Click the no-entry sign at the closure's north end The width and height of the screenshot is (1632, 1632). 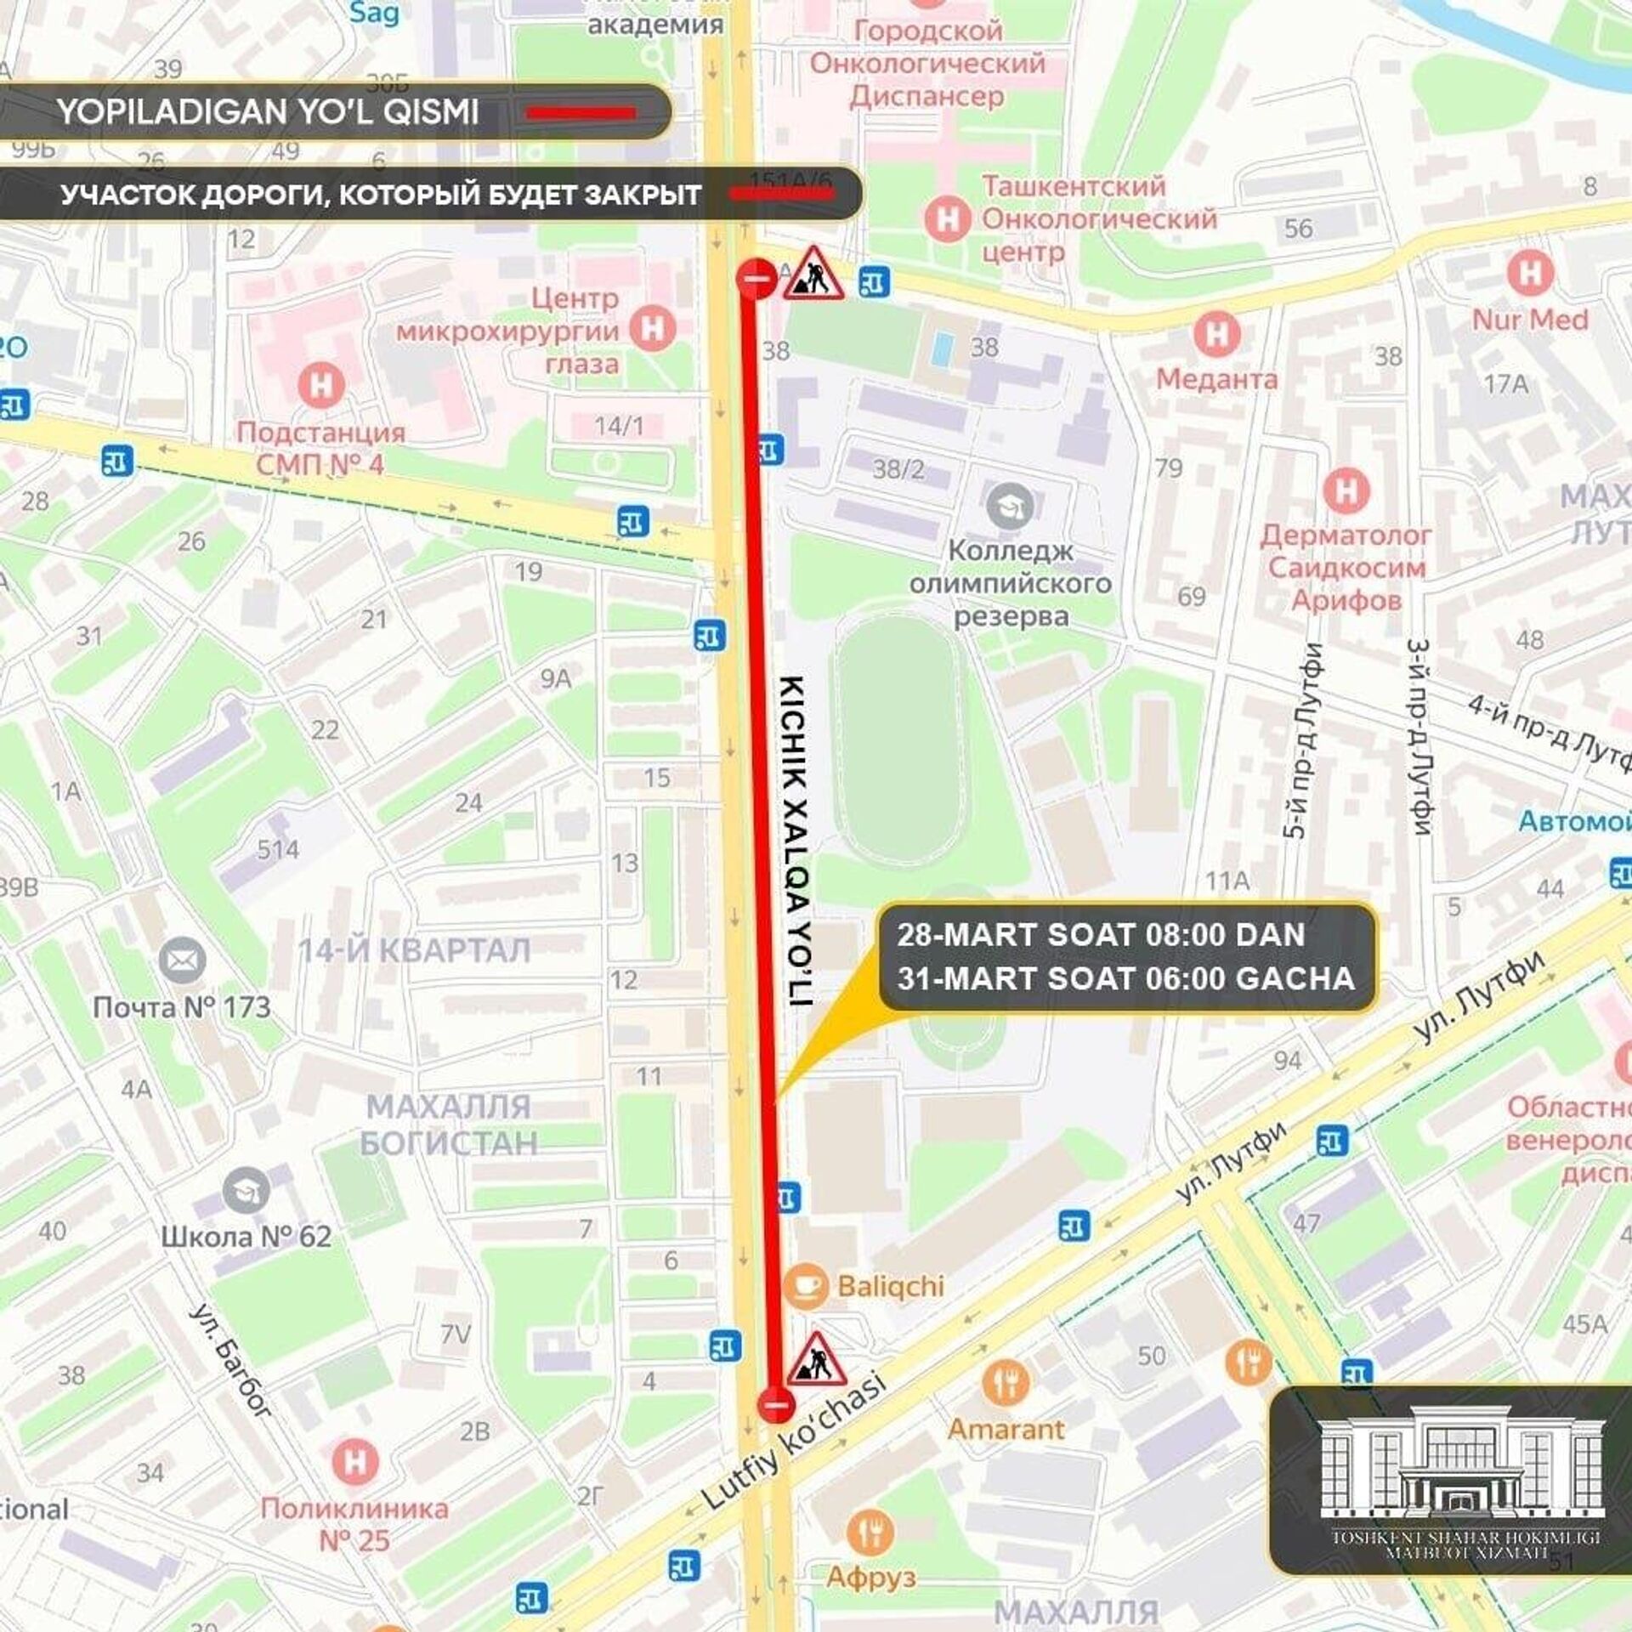[755, 278]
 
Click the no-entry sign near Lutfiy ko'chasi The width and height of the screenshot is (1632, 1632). [775, 1404]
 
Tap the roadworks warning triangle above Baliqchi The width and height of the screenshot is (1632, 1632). [815, 1359]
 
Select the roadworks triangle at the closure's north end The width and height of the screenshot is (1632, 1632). [813, 274]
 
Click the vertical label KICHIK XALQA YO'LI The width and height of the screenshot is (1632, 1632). [796, 841]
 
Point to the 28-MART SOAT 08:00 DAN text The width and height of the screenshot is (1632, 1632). [1101, 935]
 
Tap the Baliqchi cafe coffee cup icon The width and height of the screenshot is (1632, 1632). [804, 1285]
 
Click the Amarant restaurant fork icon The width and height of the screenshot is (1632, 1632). [1006, 1382]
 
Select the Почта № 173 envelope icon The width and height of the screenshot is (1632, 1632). [182, 960]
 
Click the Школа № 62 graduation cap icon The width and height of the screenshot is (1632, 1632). [246, 1191]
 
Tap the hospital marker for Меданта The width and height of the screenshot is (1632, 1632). [1216, 335]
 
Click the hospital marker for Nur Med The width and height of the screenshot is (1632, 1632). [1529, 274]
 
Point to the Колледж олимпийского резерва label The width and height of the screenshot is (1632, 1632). [1010, 583]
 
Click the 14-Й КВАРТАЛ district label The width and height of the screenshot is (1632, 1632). [414, 950]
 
